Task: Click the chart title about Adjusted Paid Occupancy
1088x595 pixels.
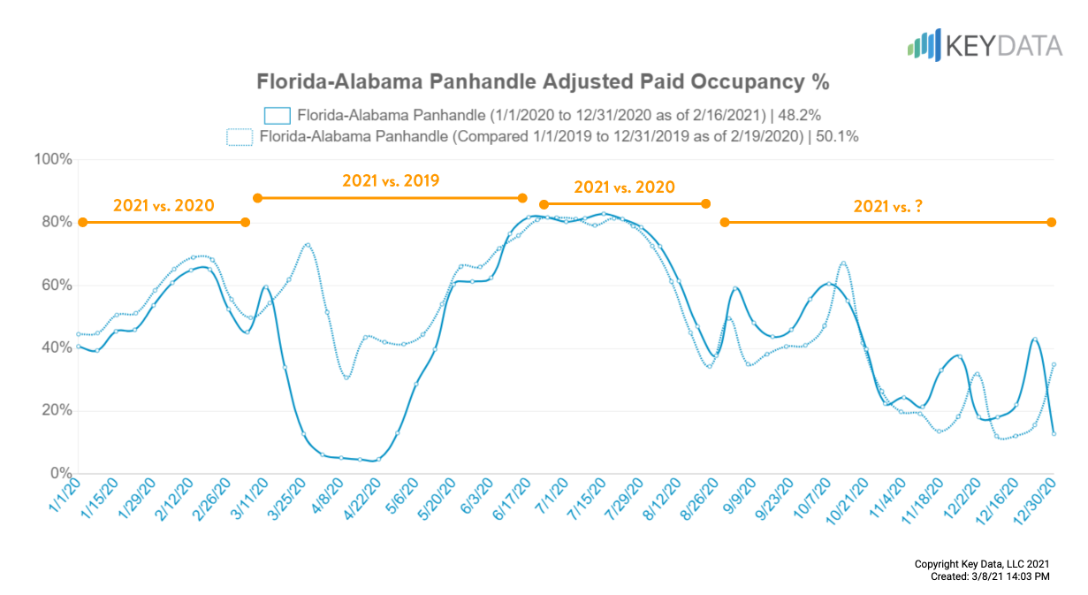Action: coord(543,82)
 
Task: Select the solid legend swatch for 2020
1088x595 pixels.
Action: coord(278,115)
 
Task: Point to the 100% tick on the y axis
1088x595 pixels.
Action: coord(52,159)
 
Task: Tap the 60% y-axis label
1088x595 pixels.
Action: coord(56,285)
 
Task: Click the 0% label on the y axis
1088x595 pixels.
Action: coord(59,474)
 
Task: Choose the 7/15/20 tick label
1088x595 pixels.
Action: coord(588,500)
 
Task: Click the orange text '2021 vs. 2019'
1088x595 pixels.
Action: coord(391,180)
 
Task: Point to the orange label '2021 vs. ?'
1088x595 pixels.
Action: coord(887,206)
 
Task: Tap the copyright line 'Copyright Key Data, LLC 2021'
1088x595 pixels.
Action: coord(982,563)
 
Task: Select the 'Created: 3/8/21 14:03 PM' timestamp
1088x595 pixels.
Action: coord(990,576)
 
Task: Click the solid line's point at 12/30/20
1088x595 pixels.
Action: coord(1054,433)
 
